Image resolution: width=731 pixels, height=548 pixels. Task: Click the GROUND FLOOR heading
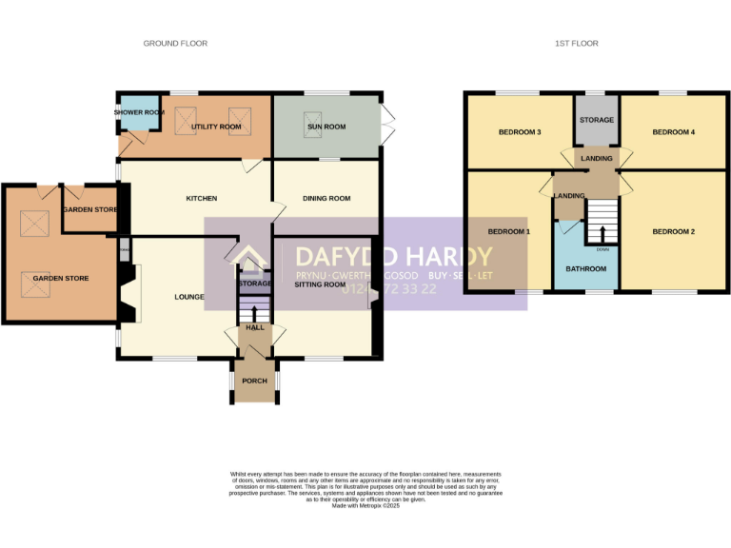(x=175, y=44)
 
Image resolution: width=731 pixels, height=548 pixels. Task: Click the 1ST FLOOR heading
(x=578, y=44)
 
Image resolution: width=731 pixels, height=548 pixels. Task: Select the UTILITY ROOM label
(x=216, y=127)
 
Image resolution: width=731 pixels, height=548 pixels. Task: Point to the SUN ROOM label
(x=326, y=127)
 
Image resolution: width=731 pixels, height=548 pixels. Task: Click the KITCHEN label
(x=201, y=199)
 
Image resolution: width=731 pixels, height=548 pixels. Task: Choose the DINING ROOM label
(x=326, y=199)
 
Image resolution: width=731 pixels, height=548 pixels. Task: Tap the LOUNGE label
(x=189, y=297)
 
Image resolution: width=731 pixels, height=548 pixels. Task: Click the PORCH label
(x=254, y=381)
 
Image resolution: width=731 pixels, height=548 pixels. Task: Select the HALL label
(x=255, y=327)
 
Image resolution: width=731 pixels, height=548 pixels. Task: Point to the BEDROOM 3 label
(x=520, y=132)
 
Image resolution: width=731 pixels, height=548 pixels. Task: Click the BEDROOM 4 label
(x=673, y=132)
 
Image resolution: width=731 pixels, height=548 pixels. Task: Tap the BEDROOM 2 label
(x=673, y=231)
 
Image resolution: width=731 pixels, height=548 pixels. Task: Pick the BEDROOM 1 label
(x=509, y=231)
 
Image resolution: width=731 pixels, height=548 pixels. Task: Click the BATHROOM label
(x=585, y=269)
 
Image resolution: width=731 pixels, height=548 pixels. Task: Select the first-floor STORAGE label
(x=597, y=120)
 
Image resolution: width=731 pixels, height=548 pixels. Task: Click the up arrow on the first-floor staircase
(x=602, y=233)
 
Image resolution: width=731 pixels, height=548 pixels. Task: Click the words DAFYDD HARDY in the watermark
(x=393, y=257)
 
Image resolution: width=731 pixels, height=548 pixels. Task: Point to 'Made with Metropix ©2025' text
(x=365, y=507)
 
